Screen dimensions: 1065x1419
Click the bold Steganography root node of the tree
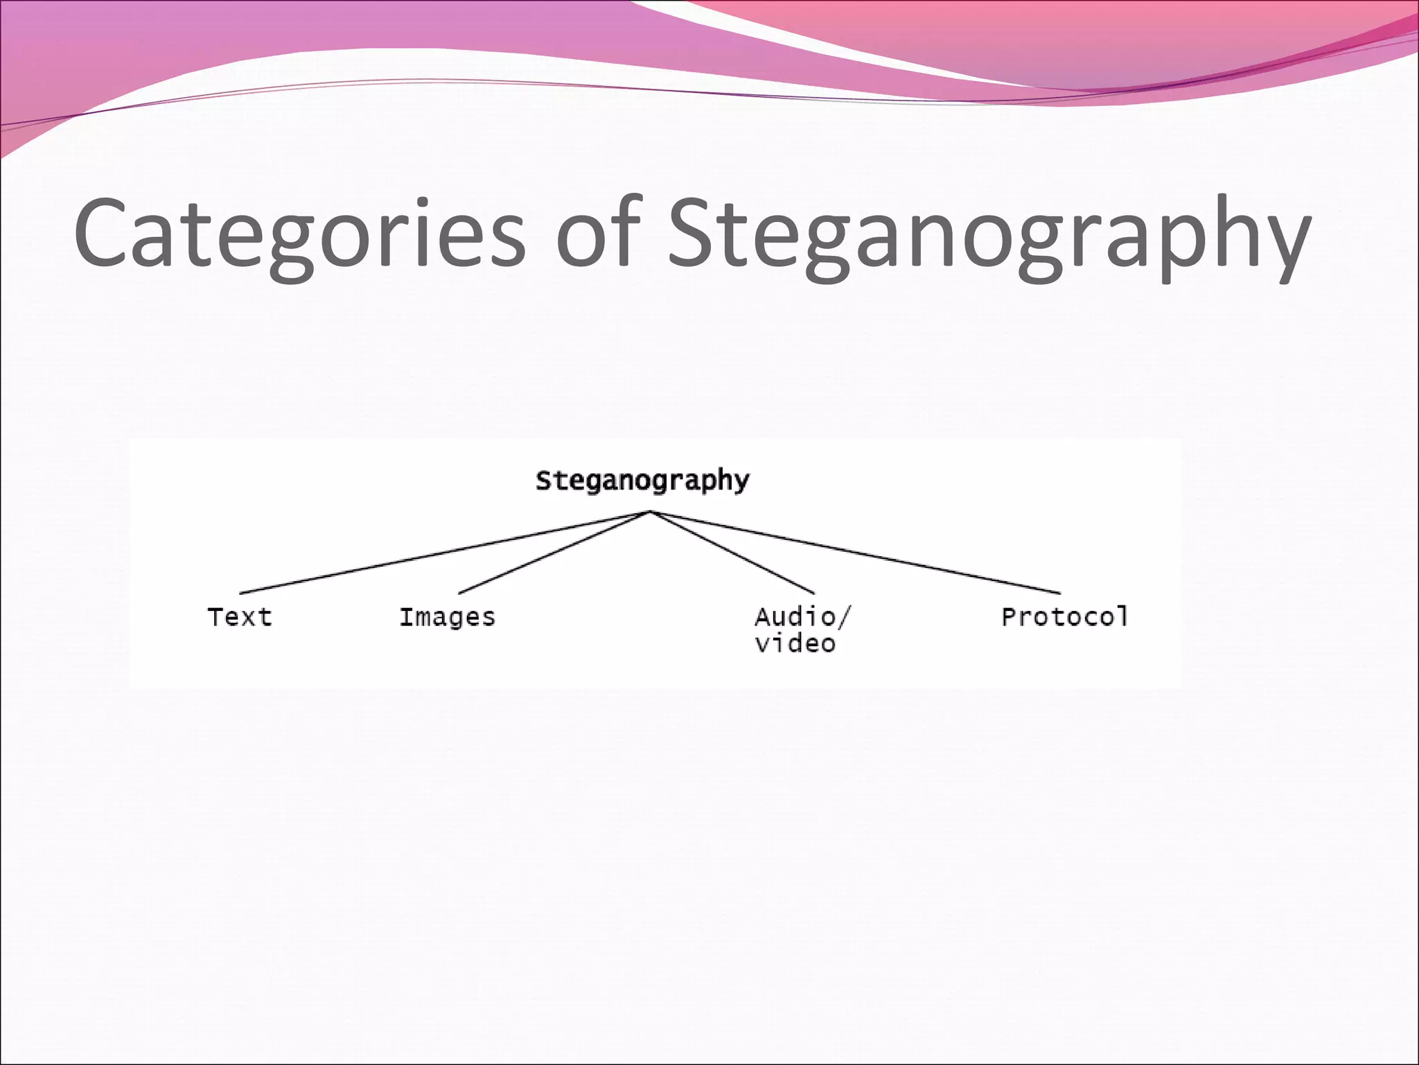click(642, 480)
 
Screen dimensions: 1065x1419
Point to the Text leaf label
click(240, 616)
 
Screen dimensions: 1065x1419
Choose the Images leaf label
click(447, 616)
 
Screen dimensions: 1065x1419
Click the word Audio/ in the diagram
click(802, 616)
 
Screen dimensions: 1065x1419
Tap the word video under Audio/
click(795, 644)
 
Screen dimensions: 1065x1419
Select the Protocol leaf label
click(1065, 616)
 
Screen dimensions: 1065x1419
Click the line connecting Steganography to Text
click(443, 553)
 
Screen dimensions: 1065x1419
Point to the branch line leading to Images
click(554, 553)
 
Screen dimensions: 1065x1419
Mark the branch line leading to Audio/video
click(732, 553)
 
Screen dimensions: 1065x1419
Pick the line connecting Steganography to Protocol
click(855, 553)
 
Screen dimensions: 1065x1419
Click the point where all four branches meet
click(649, 512)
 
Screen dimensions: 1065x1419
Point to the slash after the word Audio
click(843, 616)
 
